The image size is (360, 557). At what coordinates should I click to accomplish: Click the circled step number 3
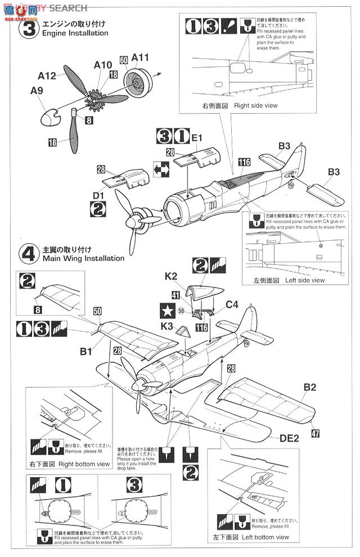[x=29, y=28]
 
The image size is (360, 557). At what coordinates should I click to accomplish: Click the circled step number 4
[x=29, y=254]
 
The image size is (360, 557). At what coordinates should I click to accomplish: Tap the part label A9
[x=37, y=91]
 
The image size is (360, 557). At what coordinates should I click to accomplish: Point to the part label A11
[x=140, y=58]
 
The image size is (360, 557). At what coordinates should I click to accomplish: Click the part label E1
[x=196, y=137]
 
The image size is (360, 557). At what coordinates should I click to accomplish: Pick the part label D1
[x=98, y=195]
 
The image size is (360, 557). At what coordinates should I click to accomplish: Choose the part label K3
[x=166, y=325]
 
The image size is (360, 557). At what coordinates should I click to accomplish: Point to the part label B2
[x=311, y=387]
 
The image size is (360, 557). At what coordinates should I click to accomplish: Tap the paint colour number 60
[x=124, y=60]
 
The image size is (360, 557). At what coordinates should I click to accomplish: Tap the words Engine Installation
[x=74, y=33]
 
